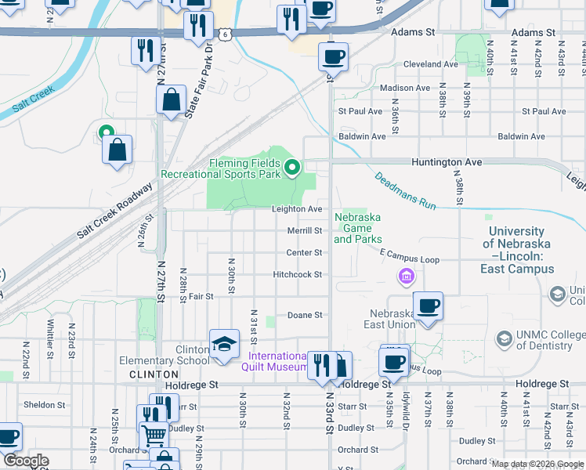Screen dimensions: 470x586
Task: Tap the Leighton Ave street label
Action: click(297, 209)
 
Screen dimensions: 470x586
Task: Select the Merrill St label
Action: click(305, 231)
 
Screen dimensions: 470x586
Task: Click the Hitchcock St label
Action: click(298, 275)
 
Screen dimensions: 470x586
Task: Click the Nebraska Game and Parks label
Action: click(358, 228)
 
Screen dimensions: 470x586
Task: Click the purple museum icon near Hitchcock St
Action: click(406, 276)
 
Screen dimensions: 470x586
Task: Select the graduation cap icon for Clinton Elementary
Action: click(224, 344)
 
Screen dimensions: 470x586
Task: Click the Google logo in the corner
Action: click(25, 461)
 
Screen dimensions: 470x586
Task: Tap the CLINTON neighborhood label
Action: click(154, 374)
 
